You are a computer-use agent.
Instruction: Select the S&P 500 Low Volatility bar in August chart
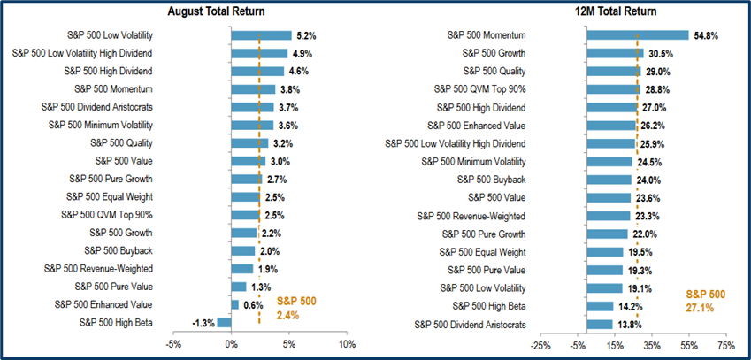point(261,35)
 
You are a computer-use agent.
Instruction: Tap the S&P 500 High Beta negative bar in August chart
point(224,323)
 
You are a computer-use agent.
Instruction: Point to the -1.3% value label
point(203,323)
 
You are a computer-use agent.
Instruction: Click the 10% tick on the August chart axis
point(347,344)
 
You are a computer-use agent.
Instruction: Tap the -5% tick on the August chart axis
point(173,344)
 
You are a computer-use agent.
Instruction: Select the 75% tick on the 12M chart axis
point(725,344)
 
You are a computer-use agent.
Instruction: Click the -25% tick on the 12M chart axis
point(540,344)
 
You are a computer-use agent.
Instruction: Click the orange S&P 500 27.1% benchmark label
point(705,300)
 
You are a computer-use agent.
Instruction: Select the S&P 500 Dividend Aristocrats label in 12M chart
point(473,325)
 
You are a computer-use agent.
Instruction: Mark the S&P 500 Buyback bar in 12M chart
point(609,180)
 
